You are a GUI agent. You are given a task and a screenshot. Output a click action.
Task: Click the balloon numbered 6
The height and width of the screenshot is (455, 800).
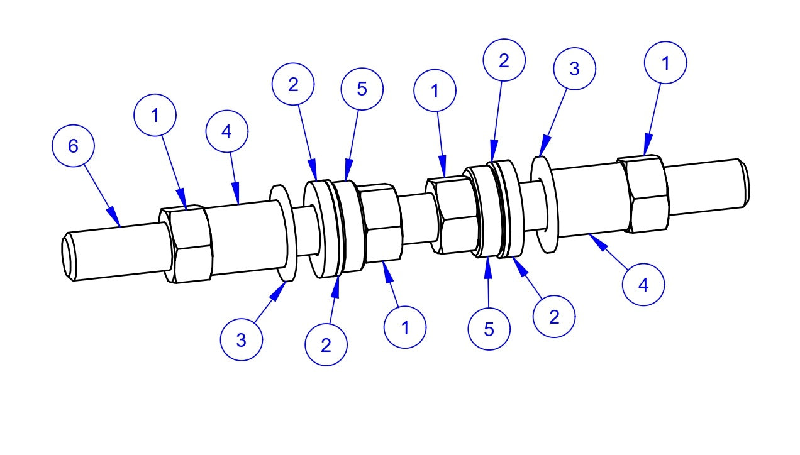(x=73, y=146)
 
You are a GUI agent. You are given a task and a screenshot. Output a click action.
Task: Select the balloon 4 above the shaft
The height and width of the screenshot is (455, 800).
(x=227, y=131)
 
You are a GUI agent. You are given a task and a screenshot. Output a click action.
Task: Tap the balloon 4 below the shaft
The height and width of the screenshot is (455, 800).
(x=643, y=285)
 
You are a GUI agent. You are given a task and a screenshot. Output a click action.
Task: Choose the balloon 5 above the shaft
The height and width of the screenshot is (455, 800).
(x=362, y=89)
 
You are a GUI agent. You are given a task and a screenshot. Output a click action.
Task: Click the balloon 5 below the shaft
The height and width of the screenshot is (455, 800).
(x=489, y=329)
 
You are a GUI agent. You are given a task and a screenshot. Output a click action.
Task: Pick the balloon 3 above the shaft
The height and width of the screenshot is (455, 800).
(x=574, y=69)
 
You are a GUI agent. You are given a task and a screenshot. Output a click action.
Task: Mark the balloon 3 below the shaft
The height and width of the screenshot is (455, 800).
(x=241, y=339)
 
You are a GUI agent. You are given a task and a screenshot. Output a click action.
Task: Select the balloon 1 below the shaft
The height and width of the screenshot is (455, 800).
(x=405, y=327)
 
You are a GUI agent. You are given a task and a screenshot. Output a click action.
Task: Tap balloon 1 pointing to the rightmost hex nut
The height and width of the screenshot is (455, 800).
(x=665, y=63)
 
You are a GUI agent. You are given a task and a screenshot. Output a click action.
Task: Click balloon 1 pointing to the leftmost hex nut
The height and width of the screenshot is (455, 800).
(x=155, y=115)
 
